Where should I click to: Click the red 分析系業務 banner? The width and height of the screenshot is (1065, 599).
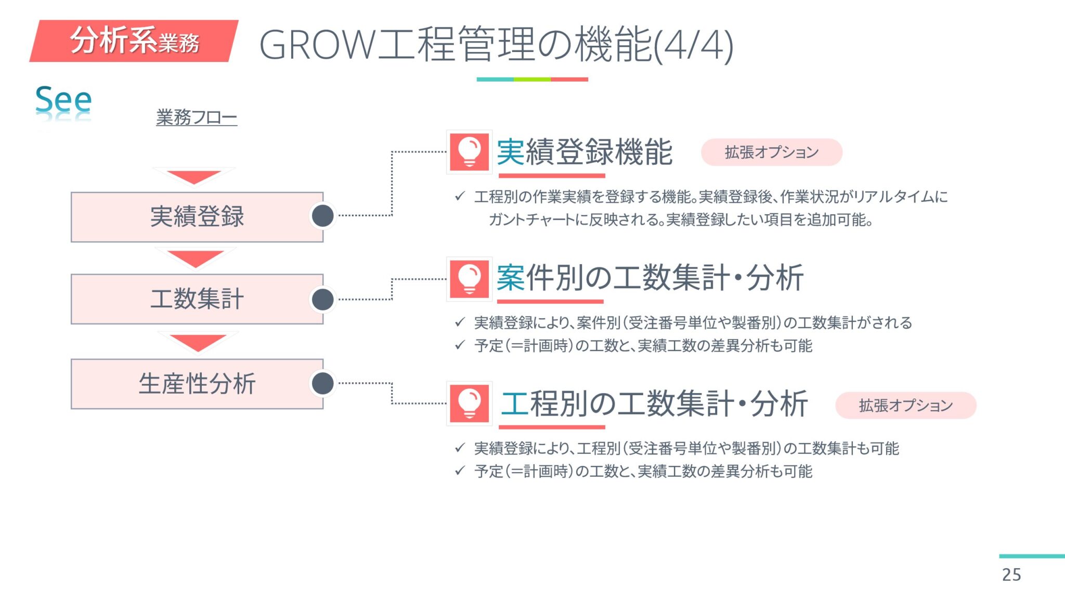pyautogui.click(x=134, y=41)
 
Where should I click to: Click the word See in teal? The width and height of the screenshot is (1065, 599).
pyautogui.click(x=63, y=99)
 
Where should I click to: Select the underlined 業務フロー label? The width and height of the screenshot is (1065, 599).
pyautogui.click(x=197, y=118)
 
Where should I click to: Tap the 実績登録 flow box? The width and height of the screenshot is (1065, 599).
pyautogui.click(x=197, y=217)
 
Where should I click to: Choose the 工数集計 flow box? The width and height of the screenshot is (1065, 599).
pyautogui.click(x=197, y=299)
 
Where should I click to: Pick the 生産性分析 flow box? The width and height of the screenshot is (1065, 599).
pyautogui.click(x=197, y=384)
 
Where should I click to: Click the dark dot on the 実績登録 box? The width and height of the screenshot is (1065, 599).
pyautogui.click(x=323, y=216)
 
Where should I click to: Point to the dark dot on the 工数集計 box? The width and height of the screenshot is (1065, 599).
pyautogui.click(x=323, y=299)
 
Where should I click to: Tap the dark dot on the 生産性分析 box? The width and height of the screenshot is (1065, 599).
pyautogui.click(x=323, y=383)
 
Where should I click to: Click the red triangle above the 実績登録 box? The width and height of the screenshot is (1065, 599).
pyautogui.click(x=194, y=177)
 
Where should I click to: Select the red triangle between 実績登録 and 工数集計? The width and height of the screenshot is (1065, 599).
pyautogui.click(x=196, y=258)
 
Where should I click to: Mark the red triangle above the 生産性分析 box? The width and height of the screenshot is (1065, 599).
pyautogui.click(x=198, y=342)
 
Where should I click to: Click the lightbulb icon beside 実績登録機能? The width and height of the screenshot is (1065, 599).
pyautogui.click(x=469, y=152)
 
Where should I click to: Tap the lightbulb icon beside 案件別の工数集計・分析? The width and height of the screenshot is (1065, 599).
pyautogui.click(x=469, y=279)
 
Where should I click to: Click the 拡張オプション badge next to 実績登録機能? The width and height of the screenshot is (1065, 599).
pyautogui.click(x=771, y=152)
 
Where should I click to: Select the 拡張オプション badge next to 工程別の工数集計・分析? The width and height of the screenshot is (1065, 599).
pyautogui.click(x=905, y=406)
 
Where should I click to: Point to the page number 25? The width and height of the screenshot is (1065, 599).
pyautogui.click(x=1011, y=575)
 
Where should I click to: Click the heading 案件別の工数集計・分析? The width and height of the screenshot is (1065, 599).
pyautogui.click(x=650, y=278)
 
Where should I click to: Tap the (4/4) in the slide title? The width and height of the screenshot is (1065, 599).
pyautogui.click(x=694, y=46)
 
